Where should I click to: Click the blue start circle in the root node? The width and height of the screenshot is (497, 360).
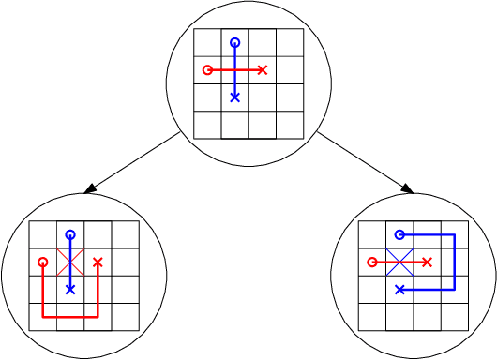point(234,42)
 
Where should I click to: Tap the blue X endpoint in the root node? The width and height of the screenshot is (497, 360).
point(234,97)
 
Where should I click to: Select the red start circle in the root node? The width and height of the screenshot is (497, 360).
point(207,69)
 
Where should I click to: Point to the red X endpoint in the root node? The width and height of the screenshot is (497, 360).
point(263,69)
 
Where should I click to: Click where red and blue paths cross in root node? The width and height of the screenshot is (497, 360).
point(234,69)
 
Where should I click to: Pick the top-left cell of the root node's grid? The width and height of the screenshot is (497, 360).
point(207,42)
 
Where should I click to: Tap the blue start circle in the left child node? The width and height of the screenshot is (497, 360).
point(69,234)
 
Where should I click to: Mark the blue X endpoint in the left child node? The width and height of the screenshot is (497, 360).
point(69,290)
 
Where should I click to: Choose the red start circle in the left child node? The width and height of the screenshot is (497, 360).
point(42,262)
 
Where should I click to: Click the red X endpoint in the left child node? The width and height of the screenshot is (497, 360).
point(98,262)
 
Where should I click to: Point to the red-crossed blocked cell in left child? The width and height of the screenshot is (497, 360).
point(69,262)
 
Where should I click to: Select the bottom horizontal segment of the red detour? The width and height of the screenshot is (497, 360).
point(69,317)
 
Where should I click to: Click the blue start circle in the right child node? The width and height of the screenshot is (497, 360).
point(399,234)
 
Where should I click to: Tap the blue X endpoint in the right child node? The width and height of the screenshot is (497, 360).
point(399,290)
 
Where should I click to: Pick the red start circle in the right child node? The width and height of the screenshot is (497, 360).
point(372,262)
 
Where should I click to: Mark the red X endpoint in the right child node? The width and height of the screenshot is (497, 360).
point(428,262)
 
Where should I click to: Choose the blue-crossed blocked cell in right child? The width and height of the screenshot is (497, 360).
point(399,262)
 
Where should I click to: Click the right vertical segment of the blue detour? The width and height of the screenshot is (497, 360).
point(455,262)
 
